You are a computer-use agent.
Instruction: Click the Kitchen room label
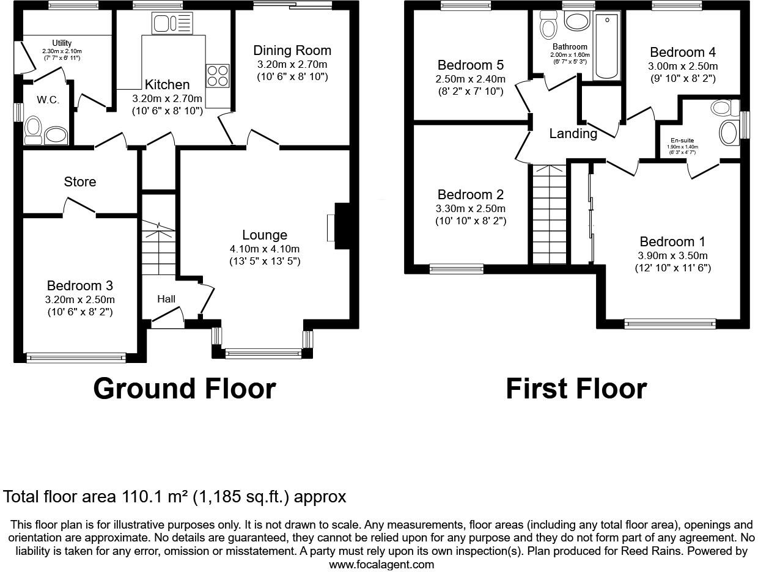pos(167,84)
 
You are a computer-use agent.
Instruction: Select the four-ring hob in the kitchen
pos(218,76)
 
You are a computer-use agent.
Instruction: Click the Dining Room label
pos(292,50)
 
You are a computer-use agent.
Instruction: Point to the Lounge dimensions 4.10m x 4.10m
pos(264,249)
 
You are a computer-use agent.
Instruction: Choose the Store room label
pos(80,182)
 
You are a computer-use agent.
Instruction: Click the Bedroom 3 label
pos(79,285)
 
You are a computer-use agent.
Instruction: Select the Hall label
pos(166,299)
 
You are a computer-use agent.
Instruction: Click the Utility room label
pos(62,43)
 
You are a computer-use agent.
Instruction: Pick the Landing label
pos(573,133)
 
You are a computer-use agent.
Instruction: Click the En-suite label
pos(682,140)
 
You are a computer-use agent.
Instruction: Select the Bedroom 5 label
pos(470,65)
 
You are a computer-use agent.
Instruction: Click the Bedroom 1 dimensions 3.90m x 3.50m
pos(672,255)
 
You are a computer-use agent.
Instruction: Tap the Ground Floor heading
pos(184,389)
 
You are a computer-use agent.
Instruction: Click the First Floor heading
pos(576,389)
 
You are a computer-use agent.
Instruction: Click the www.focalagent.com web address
pos(381,564)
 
